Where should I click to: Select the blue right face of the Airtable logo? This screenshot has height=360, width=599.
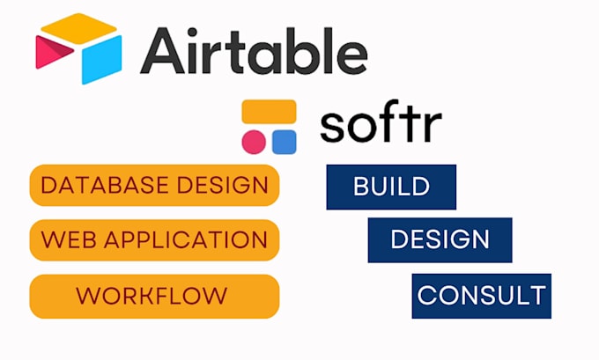(x=103, y=60)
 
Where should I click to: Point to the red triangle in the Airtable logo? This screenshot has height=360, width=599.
(x=49, y=55)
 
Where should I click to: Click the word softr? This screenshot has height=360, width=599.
(x=381, y=125)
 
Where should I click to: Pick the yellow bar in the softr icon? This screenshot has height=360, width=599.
(x=270, y=113)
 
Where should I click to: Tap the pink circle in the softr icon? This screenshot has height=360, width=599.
(x=255, y=142)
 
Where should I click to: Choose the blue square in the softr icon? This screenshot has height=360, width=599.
(x=284, y=142)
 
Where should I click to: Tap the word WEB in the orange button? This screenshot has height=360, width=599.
(x=64, y=239)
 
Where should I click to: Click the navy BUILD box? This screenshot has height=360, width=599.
(x=391, y=187)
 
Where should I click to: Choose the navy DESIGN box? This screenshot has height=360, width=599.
(x=440, y=239)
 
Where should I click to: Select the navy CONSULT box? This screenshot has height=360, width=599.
(x=481, y=295)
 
